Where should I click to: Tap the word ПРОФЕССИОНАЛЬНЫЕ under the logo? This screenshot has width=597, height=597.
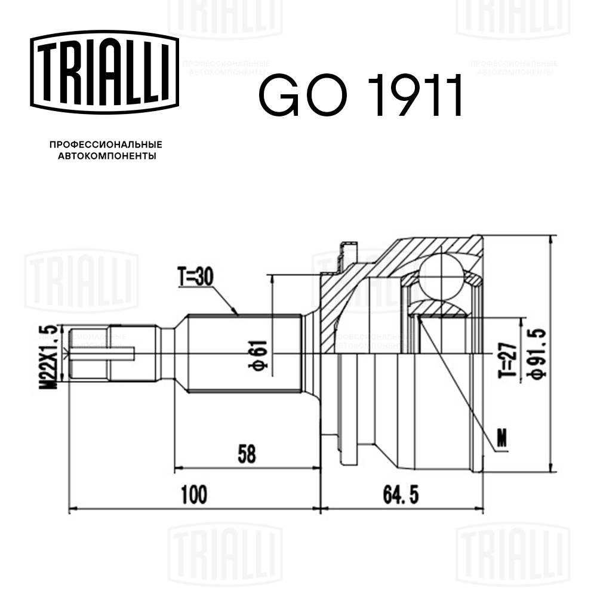[106, 145]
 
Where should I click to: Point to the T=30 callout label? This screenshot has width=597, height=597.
[195, 276]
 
